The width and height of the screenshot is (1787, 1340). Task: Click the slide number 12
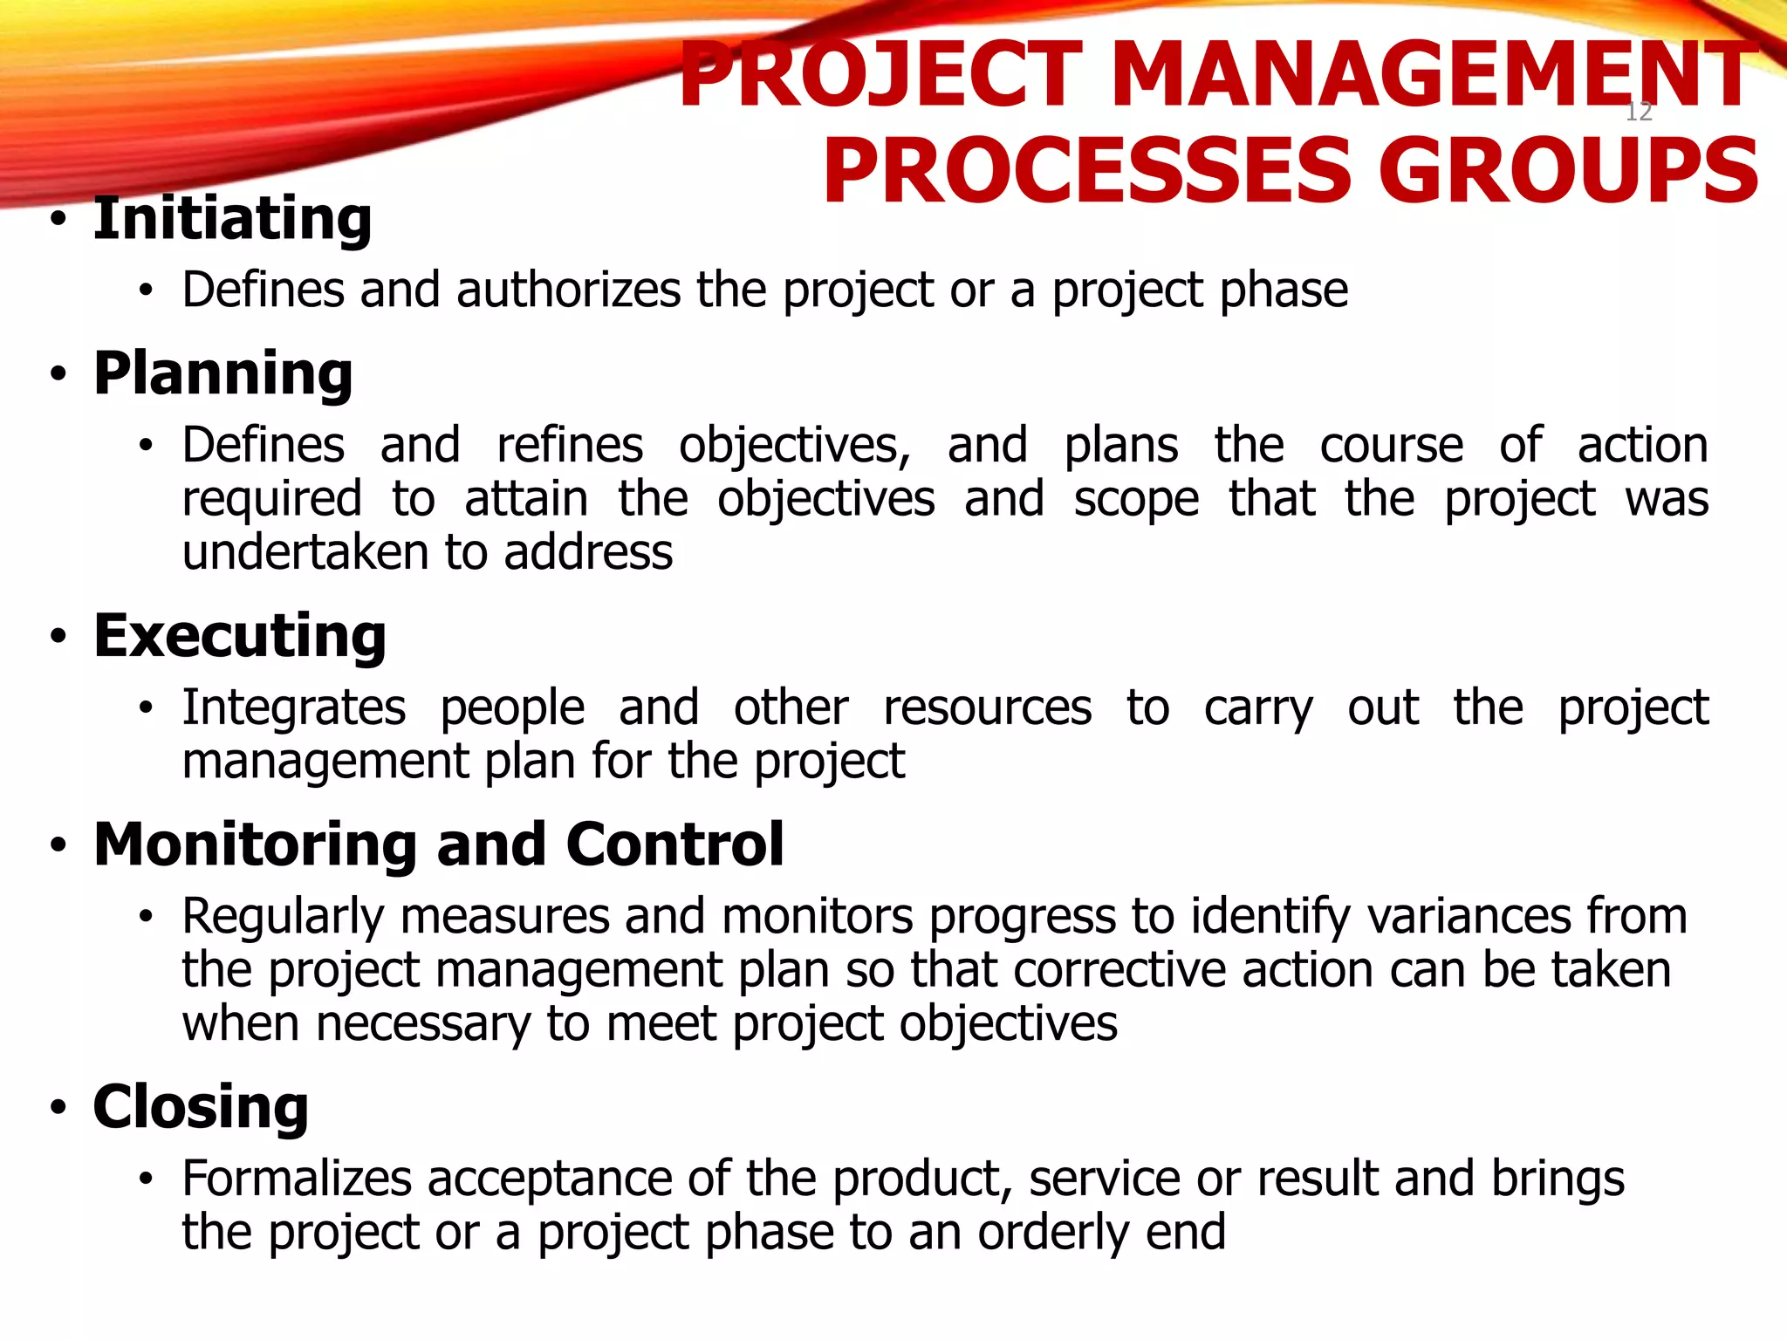point(1639,112)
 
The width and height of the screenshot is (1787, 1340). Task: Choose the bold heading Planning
point(223,373)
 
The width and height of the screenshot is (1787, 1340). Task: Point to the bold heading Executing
point(240,636)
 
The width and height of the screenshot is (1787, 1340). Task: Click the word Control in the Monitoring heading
point(674,844)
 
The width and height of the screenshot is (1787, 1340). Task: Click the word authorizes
point(568,290)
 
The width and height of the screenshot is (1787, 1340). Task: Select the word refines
point(570,445)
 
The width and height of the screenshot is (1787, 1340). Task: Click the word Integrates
point(294,708)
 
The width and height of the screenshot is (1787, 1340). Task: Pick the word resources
point(987,708)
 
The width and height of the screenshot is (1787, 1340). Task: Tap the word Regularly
point(284,918)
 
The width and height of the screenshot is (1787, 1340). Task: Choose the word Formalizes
point(297,1179)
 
